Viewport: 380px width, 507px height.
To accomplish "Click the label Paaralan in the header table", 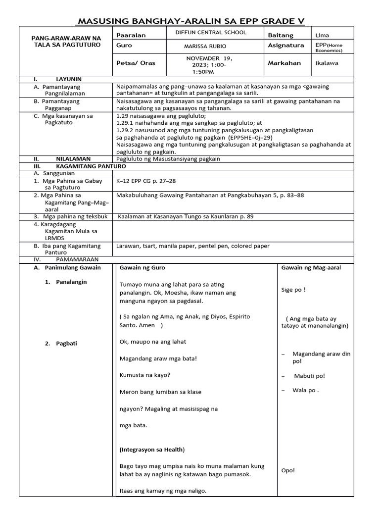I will click(x=127, y=36).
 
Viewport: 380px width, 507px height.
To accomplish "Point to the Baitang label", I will click(x=281, y=36).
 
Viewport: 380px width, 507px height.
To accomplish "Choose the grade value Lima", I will click(x=322, y=36).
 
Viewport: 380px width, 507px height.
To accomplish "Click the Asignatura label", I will click(x=286, y=45).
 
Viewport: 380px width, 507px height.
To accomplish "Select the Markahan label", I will click(x=284, y=63).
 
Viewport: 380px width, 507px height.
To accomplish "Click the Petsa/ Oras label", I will click(x=135, y=63).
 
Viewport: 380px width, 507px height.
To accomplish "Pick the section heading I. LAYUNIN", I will click(x=57, y=79).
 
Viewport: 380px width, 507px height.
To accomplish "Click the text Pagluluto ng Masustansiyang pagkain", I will click(x=168, y=159).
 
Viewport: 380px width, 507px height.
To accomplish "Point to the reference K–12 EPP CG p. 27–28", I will click(x=146, y=181).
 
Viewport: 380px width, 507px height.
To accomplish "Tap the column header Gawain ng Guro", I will click(x=142, y=268).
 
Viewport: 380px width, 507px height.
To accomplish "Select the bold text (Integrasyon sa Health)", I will click(x=152, y=450).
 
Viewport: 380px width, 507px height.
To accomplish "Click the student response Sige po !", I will click(x=293, y=290).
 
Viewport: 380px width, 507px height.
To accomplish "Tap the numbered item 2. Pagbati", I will click(x=62, y=344).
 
